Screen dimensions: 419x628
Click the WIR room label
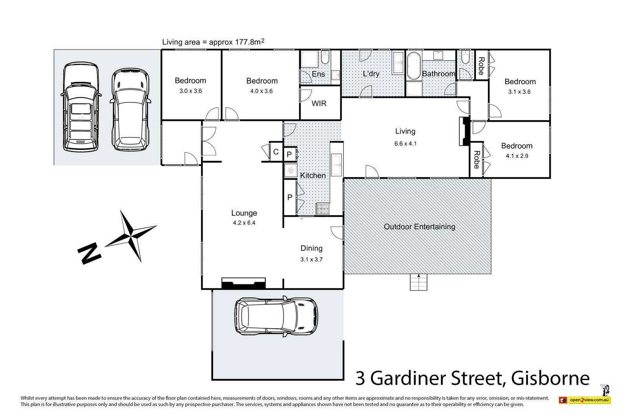pos(319,104)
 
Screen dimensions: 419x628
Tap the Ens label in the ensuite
pos(318,74)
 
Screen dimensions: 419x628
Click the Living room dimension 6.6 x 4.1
pos(405,144)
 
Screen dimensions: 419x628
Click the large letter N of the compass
pos(89,253)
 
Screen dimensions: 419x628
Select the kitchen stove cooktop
pos(323,209)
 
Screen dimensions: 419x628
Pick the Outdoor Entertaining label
pos(419,227)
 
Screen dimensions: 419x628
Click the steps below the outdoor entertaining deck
pos(418,282)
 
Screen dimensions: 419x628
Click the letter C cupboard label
pos(276,152)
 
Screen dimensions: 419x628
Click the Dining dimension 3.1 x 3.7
pos(311,259)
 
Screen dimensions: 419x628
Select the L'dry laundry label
pos(371,73)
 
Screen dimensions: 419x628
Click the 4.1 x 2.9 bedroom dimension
pos(517,156)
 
